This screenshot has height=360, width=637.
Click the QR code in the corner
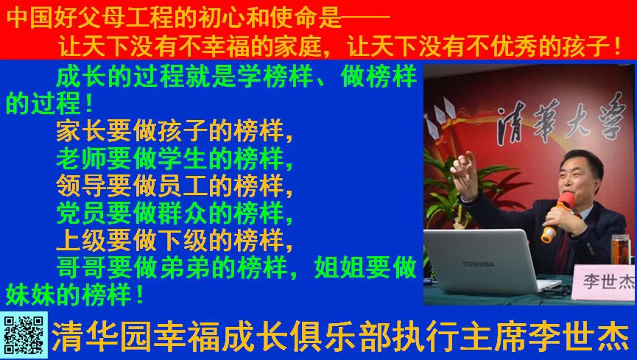pos(24,335)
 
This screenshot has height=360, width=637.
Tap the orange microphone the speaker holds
pos(558,216)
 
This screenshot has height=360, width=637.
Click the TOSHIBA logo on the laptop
pos(479,264)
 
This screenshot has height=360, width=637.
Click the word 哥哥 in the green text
pos(82,267)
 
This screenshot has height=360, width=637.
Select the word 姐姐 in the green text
pos(339,267)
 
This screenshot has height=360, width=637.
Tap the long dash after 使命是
pos(365,17)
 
